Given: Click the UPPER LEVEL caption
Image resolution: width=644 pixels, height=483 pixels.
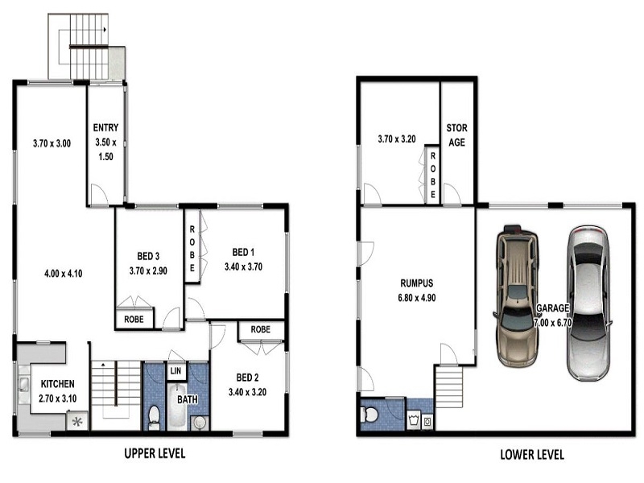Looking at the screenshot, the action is (155, 453).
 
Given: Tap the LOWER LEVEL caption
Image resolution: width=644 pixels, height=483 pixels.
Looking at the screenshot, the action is (532, 455).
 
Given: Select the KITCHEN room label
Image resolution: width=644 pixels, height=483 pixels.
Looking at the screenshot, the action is (57, 384).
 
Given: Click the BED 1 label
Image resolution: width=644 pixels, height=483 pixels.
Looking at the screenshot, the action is (243, 252).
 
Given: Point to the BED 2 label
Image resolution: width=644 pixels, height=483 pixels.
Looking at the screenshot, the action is (247, 378).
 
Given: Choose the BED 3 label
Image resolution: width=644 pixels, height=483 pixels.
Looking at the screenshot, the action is (148, 256).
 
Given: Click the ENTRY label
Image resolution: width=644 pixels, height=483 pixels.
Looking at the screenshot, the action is (105, 128).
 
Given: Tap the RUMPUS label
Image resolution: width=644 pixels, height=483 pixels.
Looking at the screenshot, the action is (416, 283).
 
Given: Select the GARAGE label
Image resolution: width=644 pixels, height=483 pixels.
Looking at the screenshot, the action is (553, 308).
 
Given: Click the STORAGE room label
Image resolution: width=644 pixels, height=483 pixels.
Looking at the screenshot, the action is (456, 135).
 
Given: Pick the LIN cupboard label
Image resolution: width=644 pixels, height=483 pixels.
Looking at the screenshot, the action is (175, 371).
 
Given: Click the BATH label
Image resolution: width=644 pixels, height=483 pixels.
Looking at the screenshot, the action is (188, 399).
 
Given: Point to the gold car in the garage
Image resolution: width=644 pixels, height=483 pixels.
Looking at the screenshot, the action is (517, 295).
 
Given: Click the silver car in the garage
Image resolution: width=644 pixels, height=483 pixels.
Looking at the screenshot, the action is (588, 303).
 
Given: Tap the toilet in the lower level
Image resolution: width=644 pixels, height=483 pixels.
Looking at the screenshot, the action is (369, 415).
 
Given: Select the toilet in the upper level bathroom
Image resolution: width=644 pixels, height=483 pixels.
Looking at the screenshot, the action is (154, 417).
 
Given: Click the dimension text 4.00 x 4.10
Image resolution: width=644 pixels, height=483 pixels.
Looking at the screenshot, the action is (64, 274).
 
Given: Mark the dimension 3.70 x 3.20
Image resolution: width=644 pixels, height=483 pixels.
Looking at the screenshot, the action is (397, 139).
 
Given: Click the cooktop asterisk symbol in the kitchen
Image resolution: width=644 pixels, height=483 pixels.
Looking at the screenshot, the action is (77, 422).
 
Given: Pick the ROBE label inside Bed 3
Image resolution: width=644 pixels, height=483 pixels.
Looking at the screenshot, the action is (134, 319).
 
